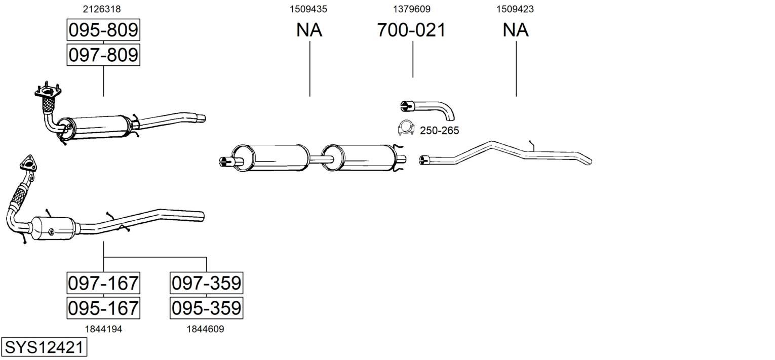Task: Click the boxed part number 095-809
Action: tap(103, 30)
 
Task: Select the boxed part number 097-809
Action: tap(103, 55)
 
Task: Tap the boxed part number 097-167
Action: tap(103, 283)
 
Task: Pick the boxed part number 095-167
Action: tap(103, 308)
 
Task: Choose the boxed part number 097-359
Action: tap(207, 283)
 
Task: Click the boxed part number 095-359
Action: tap(207, 308)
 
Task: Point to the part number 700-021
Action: tap(411, 30)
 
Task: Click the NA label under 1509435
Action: tap(309, 30)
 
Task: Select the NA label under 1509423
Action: tap(516, 30)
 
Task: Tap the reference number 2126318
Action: tap(102, 9)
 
